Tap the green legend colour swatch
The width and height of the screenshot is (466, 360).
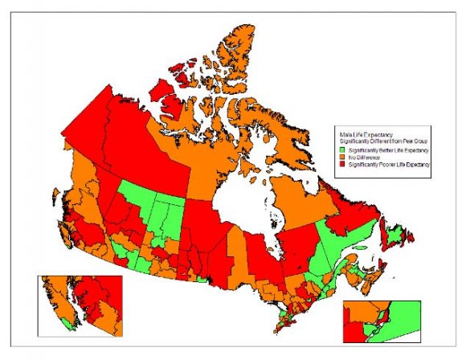tap(341, 150)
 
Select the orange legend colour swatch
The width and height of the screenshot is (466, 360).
tap(341, 157)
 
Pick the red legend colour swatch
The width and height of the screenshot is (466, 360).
tap(341, 164)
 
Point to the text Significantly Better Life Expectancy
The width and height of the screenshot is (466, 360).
tap(385, 150)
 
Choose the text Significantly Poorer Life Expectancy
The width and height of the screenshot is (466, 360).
tap(386, 164)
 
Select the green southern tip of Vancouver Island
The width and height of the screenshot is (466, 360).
tap(73, 325)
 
